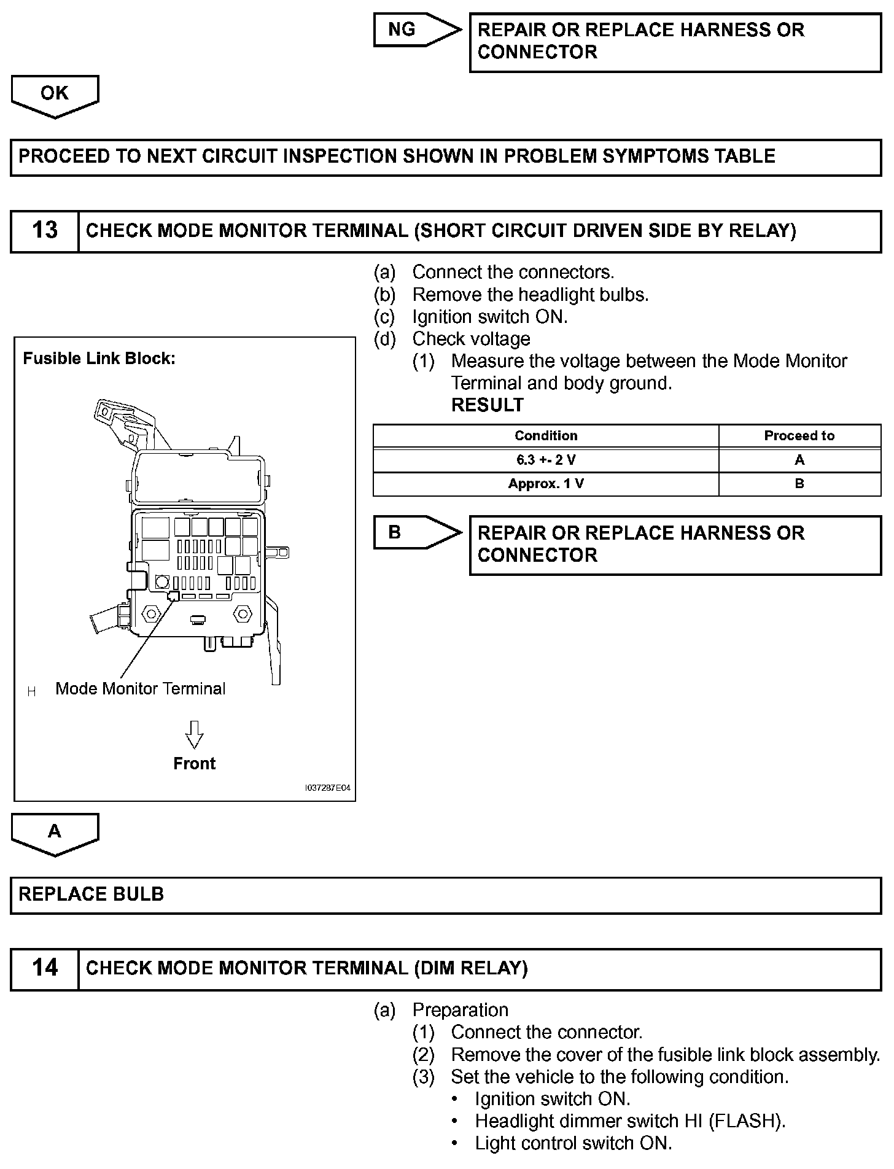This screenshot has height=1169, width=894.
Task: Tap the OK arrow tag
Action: tap(55, 94)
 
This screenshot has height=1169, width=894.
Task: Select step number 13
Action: tap(44, 231)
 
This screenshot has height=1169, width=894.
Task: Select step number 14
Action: tap(44, 968)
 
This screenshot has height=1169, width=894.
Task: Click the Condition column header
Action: tap(545, 436)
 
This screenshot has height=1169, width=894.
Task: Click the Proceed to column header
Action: tap(799, 436)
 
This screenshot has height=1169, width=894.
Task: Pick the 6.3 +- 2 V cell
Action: tap(545, 460)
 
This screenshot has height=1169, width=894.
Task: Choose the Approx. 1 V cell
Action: tap(545, 484)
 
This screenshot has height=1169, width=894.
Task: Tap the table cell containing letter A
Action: tap(799, 460)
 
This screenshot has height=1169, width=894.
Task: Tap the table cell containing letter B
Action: tap(799, 484)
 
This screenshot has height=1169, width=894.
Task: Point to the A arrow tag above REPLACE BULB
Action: tap(55, 832)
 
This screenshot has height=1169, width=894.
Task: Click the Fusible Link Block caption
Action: tap(99, 359)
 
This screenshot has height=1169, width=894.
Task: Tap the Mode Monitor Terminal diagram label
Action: tap(140, 689)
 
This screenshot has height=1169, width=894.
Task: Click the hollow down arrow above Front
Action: tap(195, 734)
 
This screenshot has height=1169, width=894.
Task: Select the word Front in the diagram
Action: tap(195, 764)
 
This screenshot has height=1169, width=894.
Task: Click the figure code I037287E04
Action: tap(328, 788)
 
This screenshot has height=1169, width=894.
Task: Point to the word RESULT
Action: tap(488, 405)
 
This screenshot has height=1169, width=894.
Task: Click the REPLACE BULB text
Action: tap(91, 894)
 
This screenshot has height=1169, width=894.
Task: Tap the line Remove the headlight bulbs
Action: tap(531, 295)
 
